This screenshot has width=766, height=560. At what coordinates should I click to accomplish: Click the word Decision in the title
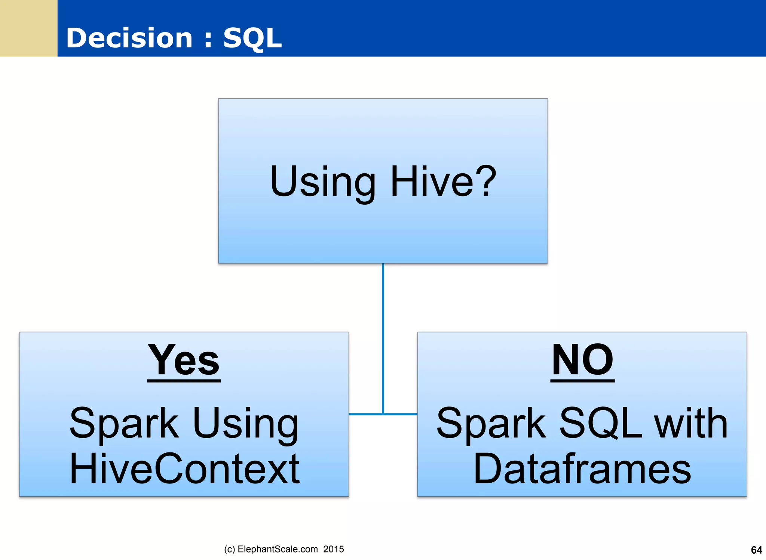tap(129, 38)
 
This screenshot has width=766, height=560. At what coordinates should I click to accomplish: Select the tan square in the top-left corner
tap(28, 28)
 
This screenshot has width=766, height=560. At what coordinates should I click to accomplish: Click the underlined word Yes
tap(184, 361)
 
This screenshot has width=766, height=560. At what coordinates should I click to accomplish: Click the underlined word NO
tap(582, 361)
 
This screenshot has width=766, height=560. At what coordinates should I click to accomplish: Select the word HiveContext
tap(184, 468)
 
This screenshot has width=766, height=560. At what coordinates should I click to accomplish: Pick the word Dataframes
tap(582, 468)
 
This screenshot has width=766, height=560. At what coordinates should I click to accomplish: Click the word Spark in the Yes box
tap(124, 424)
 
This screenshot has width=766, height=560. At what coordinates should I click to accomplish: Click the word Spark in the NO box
tap(491, 424)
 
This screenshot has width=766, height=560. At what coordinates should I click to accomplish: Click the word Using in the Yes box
tap(246, 424)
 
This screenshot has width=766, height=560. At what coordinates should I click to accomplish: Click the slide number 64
tap(756, 550)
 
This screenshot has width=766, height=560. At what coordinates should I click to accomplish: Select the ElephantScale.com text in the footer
tap(278, 549)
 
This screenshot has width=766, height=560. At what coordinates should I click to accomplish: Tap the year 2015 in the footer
tap(334, 549)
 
